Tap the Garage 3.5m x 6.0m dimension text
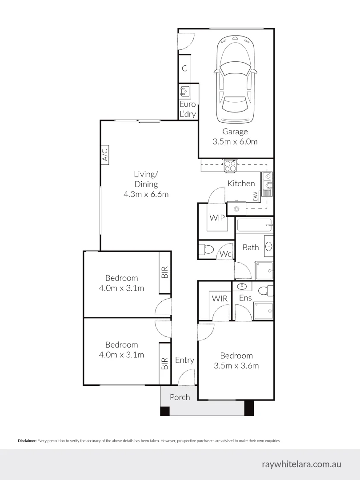coord(235,142)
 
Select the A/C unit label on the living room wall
coord(105,155)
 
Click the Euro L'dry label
coord(188,109)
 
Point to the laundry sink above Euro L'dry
coord(184,92)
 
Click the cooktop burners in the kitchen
coord(230,165)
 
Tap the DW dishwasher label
coord(255,196)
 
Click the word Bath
coord(251,247)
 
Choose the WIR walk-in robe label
coord(220,298)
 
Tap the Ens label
coord(245,298)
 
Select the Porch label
coord(180,397)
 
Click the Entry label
coord(184,360)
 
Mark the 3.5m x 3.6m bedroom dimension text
coord(236,366)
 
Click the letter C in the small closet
coord(184,68)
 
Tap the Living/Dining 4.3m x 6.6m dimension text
coord(146,194)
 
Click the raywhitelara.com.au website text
coord(302,464)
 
